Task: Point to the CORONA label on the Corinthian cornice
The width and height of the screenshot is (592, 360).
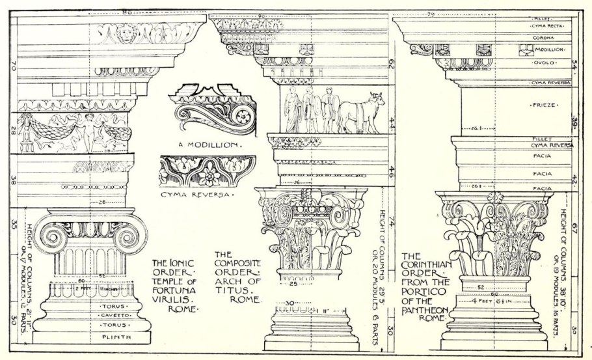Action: (543, 38)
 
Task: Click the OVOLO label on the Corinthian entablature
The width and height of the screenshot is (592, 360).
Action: (543, 63)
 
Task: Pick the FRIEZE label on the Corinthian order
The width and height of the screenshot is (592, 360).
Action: (542, 104)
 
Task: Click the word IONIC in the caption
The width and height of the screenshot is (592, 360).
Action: (175, 262)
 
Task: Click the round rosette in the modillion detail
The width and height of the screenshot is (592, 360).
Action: (244, 117)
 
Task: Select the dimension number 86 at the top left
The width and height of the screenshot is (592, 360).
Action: (127, 11)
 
